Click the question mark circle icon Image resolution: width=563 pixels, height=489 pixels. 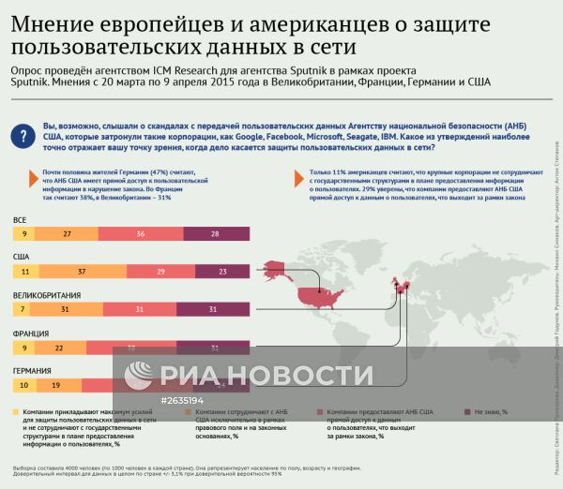pos(23,137)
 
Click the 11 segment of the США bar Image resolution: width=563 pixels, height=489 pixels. pos(24,271)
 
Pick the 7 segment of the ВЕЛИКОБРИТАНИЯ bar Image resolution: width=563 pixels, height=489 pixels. pos(21,309)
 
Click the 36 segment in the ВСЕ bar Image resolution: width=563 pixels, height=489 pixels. pos(140,232)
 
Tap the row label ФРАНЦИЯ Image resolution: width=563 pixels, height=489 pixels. pos(31,333)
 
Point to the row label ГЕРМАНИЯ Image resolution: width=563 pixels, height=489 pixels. pos(33,371)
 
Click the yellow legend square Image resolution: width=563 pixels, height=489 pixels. pos(17,410)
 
